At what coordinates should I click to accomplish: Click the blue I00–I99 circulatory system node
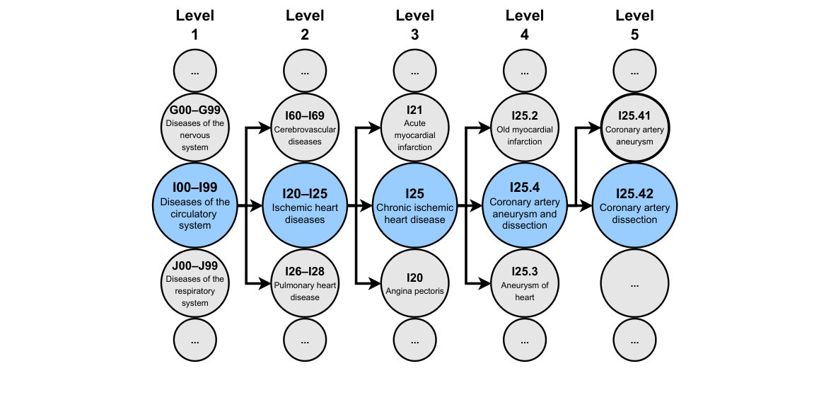[x=194, y=206]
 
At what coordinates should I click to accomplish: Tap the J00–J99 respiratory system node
[x=194, y=284]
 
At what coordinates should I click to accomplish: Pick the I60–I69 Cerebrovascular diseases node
[x=305, y=128]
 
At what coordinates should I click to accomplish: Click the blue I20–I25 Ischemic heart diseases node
[x=305, y=206]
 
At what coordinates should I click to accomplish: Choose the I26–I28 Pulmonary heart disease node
[x=305, y=284]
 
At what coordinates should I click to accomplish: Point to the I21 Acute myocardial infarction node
[x=414, y=128]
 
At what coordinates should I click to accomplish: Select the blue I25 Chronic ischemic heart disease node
[x=414, y=206]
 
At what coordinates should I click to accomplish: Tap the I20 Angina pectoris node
[x=414, y=284]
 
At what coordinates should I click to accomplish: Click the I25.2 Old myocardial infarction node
[x=524, y=128]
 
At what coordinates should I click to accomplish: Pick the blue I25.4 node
[x=524, y=206]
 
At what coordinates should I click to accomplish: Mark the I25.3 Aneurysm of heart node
[x=524, y=284]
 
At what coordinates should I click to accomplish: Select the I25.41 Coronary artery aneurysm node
[x=634, y=128]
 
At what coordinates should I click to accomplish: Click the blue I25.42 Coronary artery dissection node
[x=634, y=206]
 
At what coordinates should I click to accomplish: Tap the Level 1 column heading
[x=194, y=25]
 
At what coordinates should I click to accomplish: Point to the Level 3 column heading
[x=414, y=25]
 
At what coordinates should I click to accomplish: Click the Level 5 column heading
[x=634, y=25]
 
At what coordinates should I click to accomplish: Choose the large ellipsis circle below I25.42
[x=634, y=284]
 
